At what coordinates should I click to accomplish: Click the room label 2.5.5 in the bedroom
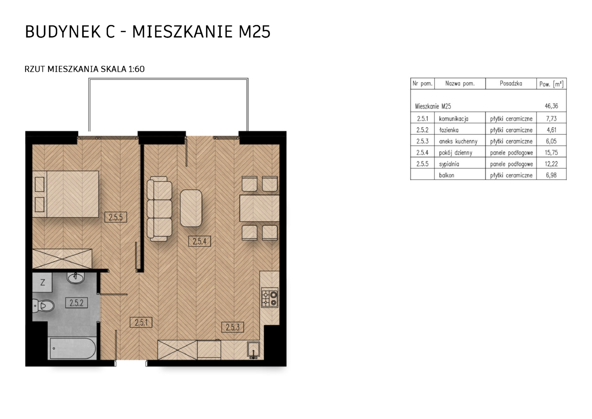116,217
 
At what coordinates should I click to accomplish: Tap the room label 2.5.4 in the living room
200,241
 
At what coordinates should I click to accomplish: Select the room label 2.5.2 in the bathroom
76,303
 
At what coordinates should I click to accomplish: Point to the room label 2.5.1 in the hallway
141,323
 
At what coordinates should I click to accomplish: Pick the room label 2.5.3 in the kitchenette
232,327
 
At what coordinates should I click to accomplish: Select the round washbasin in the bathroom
76,278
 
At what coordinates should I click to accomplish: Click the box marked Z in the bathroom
42,282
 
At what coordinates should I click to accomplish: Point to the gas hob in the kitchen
270,298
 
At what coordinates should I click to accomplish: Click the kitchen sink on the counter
253,350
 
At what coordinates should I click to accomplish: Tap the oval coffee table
191,208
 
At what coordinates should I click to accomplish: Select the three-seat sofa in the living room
159,209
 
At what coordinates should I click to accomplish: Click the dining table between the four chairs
260,208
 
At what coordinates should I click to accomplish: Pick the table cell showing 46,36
551,106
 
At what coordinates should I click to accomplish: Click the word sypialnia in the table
449,164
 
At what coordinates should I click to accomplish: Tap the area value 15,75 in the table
551,152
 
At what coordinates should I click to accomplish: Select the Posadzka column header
511,84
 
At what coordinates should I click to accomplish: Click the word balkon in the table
447,175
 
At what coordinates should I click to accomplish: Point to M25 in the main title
255,32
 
